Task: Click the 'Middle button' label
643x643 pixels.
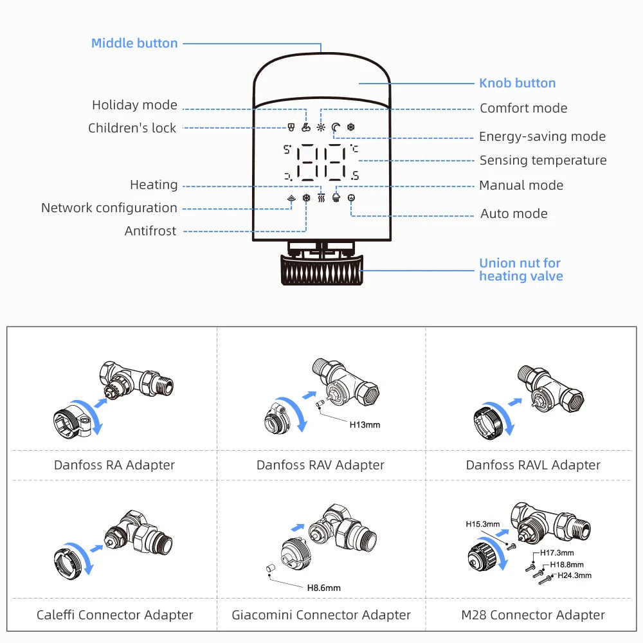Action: pos(134,43)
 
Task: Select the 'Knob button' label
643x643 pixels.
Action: pos(517,83)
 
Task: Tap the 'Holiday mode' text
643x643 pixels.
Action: pos(134,105)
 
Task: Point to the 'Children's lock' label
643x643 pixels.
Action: pos(132,128)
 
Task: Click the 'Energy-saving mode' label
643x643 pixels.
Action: pos(542,136)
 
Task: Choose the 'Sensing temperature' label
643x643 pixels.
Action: pos(543,160)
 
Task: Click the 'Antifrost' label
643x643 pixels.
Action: pos(150,231)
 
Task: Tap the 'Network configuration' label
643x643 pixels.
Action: pos(109,208)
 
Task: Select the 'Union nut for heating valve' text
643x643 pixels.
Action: pos(521,269)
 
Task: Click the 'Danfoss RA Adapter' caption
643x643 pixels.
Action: pos(114,465)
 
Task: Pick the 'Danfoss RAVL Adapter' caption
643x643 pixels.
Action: pos(533,465)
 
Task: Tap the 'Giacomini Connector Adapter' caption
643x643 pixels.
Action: pos(321,615)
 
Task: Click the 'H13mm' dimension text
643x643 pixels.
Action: pos(365,424)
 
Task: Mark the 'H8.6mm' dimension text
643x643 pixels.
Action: pos(323,587)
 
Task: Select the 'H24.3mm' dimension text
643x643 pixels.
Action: pos(574,575)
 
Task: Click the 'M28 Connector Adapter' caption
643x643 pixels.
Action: pos(533,615)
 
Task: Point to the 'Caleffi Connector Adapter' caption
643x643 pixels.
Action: pos(114,615)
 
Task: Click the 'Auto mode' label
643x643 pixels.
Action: pos(514,213)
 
